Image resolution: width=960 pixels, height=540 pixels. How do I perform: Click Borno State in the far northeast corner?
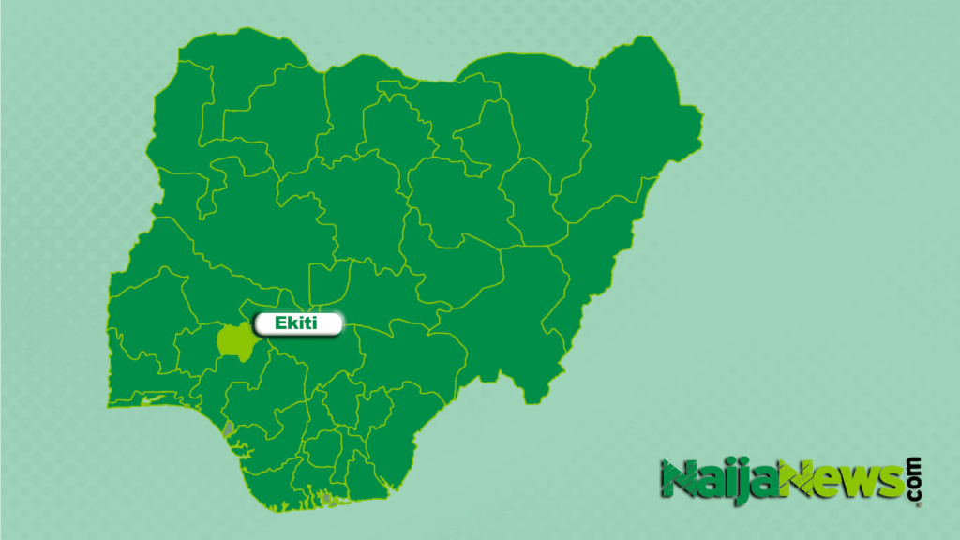637,122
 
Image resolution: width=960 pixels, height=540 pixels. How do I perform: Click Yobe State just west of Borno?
544,103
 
